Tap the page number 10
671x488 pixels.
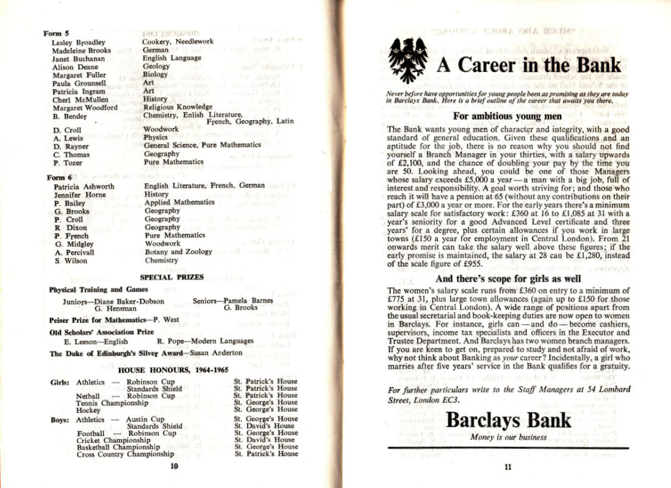click(174, 467)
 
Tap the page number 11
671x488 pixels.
click(508, 468)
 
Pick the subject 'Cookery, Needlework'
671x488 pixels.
click(178, 41)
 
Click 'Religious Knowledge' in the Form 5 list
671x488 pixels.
click(178, 107)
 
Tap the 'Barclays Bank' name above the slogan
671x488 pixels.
click(508, 420)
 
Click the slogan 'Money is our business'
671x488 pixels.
click(508, 437)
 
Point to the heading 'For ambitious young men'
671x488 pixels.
click(508, 117)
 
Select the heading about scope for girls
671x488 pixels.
click(508, 279)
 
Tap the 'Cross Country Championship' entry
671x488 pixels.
click(125, 454)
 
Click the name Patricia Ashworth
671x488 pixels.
click(84, 186)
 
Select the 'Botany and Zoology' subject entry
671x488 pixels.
click(178, 251)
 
